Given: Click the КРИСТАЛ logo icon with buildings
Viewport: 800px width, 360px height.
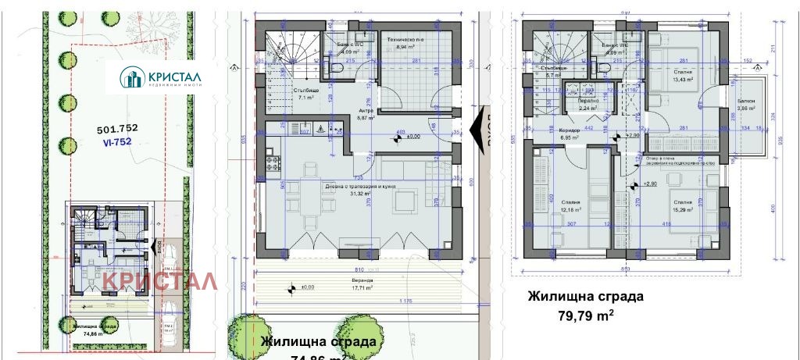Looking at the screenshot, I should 130,78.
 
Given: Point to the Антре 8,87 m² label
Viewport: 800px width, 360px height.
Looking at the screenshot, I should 366,114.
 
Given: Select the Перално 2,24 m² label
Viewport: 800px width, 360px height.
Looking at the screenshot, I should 588,105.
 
